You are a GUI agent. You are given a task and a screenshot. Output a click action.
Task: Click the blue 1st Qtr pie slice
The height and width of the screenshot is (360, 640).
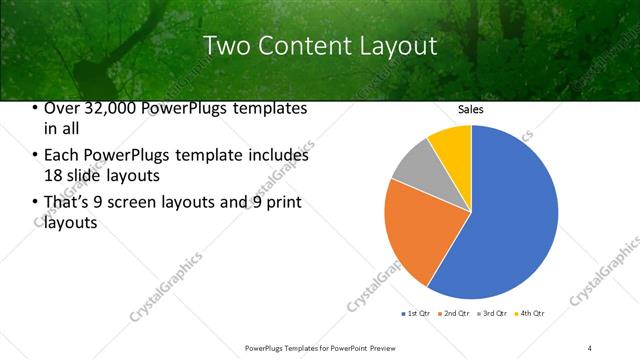click(x=510, y=220)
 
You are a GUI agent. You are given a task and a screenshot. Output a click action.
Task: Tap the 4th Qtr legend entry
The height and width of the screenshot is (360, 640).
click(x=530, y=314)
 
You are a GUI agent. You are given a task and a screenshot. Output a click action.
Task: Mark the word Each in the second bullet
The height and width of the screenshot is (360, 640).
click(x=62, y=156)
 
